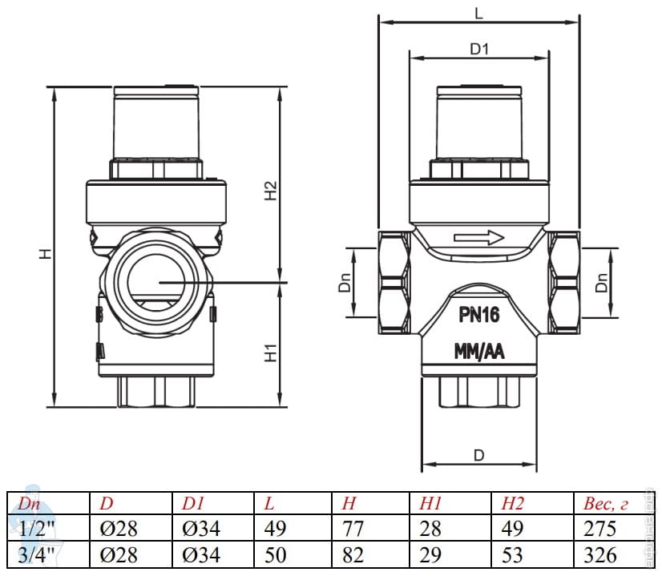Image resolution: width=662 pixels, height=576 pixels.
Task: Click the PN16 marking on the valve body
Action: (x=479, y=315)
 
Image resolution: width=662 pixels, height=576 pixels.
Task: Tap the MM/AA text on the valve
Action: (x=479, y=352)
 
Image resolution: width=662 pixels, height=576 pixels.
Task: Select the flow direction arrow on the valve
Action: (x=478, y=237)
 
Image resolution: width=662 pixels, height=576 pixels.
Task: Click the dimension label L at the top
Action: (x=478, y=14)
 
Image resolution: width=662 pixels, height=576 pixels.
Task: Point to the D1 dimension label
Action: (x=479, y=50)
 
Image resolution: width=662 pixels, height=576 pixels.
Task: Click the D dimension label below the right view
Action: (x=478, y=455)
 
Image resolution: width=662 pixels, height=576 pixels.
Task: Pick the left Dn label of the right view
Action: (x=345, y=282)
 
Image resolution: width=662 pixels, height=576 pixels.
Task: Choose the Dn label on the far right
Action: (x=603, y=282)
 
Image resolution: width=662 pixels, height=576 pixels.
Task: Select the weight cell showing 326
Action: (x=600, y=554)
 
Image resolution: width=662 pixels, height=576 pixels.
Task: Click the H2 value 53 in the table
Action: (x=512, y=554)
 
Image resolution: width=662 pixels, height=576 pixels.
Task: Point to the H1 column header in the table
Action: (x=430, y=504)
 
